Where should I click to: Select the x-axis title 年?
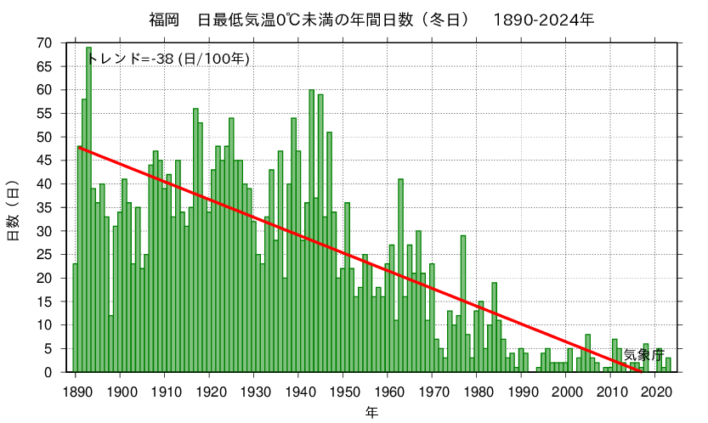pyautogui.click(x=372, y=412)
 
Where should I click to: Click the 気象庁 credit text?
pyautogui.click(x=643, y=354)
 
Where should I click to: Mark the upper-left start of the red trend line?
pyautogui.click(x=79, y=147)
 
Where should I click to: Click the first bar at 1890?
pyautogui.click(x=75, y=318)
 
